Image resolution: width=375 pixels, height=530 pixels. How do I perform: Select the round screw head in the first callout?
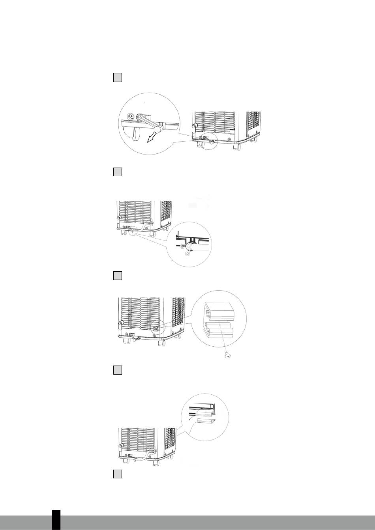pos(130,117)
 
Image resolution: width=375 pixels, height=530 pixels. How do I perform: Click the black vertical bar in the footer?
pos(56,520)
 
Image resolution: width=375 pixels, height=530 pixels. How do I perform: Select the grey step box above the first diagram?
pos(117,77)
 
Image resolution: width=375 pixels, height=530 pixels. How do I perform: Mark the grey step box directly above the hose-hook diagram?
pos(117,172)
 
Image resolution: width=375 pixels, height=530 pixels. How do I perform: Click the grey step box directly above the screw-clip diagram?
pos(117,275)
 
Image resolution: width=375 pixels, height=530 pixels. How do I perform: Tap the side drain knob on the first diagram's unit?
pos(194,127)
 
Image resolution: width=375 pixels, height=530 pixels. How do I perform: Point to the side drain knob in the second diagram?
pos(118,220)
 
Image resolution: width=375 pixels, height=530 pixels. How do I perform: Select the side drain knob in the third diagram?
pos(121,325)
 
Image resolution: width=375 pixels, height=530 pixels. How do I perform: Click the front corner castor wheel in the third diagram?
pos(161,343)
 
